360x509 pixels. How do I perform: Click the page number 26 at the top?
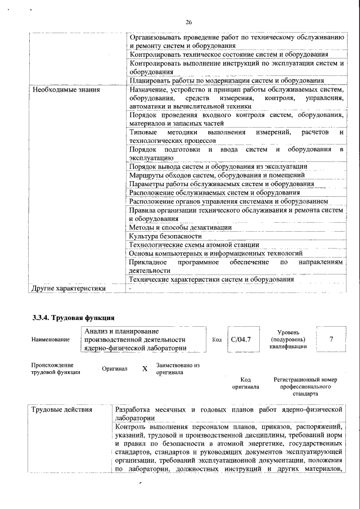point(188,22)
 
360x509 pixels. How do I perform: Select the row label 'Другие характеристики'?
point(69,289)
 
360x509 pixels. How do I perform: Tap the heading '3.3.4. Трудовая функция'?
point(74,318)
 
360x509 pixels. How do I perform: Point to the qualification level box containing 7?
point(331,339)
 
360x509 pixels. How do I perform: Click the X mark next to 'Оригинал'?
point(145,369)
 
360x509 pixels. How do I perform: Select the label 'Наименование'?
point(51,340)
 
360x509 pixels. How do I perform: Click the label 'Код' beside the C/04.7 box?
point(217,340)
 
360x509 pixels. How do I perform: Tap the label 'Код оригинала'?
point(245,384)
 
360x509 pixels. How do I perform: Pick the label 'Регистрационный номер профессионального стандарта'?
point(305,387)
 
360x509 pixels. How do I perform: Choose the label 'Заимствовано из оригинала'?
point(174,369)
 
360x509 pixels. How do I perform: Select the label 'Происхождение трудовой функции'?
point(56,368)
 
